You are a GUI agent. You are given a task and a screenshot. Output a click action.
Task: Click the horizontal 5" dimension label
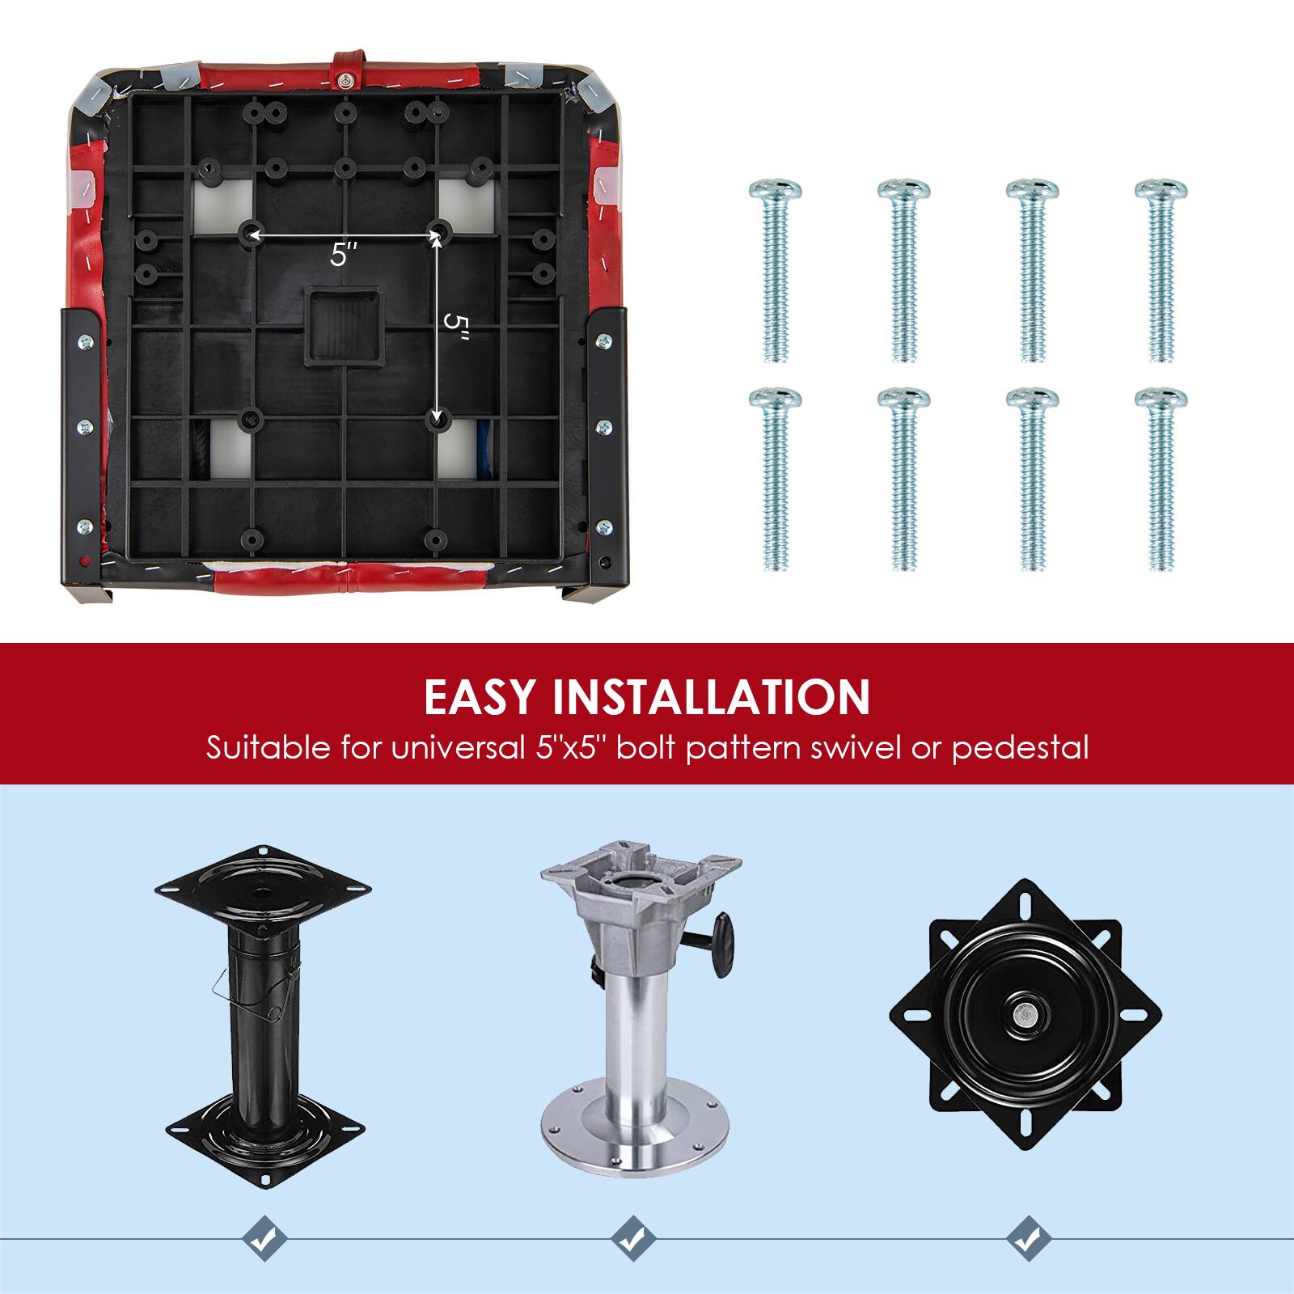click(x=343, y=256)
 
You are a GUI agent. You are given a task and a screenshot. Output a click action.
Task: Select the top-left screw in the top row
click(x=775, y=271)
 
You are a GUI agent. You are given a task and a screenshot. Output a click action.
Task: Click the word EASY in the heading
click(x=480, y=696)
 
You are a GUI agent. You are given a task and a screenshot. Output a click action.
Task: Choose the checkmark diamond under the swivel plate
click(x=1029, y=1259)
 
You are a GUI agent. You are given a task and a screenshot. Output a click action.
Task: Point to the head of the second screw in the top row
click(x=903, y=191)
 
